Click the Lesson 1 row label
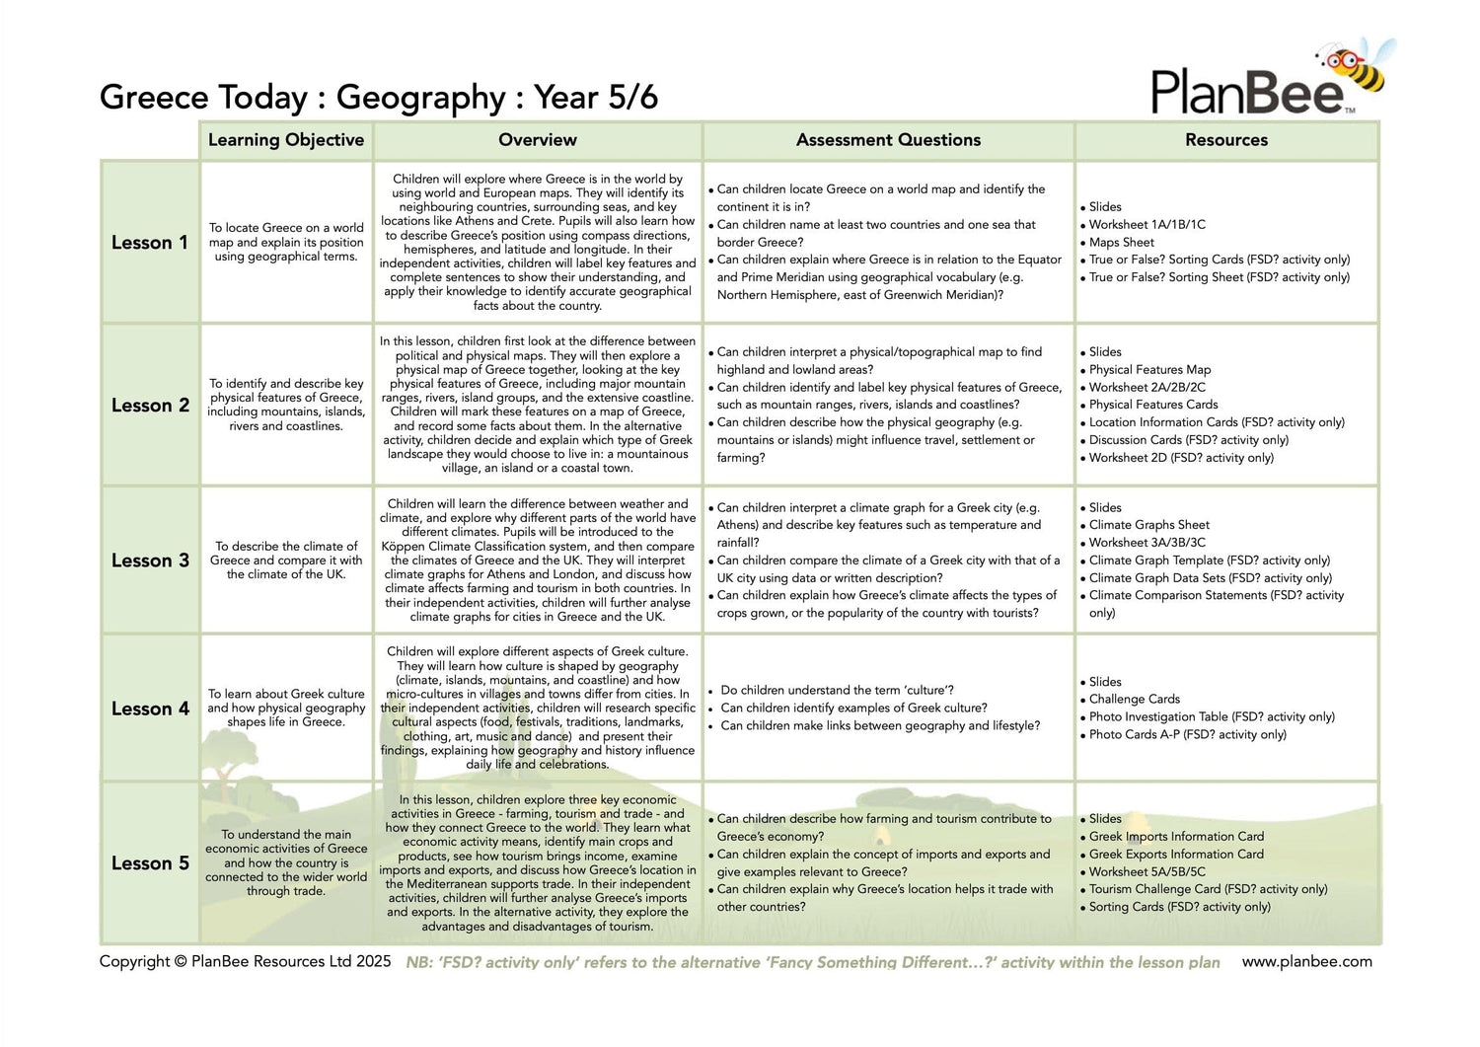(150, 243)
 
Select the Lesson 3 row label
(150, 561)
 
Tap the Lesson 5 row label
(150, 863)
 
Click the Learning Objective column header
(286, 140)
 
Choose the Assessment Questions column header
(888, 140)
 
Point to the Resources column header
(1226, 140)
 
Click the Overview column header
(538, 140)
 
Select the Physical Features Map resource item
(1149, 370)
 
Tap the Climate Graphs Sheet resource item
(1148, 525)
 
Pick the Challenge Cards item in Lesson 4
(1135, 700)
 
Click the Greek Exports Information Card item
(1176, 855)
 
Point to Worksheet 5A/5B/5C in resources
(1147, 872)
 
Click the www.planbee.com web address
(1306, 962)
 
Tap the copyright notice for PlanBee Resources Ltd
(245, 962)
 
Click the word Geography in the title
(420, 98)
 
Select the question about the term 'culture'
(837, 691)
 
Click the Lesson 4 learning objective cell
(286, 709)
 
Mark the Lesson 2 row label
(150, 406)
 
